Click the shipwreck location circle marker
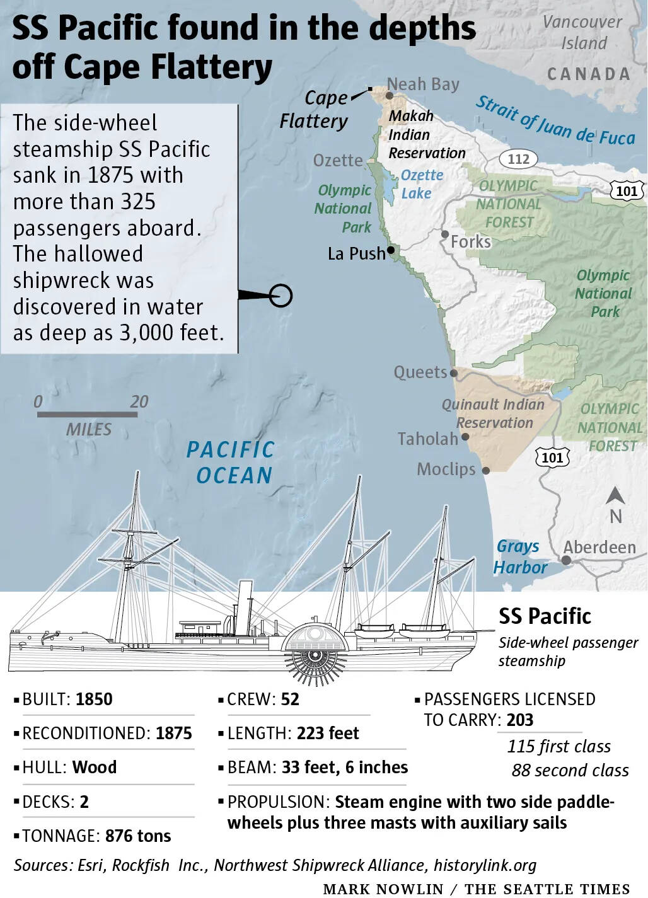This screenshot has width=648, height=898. click(281, 295)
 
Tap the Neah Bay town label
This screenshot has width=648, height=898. click(423, 84)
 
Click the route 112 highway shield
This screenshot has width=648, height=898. click(518, 159)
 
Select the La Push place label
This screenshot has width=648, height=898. click(356, 253)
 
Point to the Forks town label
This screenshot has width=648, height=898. click(470, 241)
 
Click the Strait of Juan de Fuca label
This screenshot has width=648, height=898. click(555, 122)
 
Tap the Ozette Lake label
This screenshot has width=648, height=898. click(422, 184)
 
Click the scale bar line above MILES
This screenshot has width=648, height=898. click(88, 414)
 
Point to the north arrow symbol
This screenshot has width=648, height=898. click(615, 497)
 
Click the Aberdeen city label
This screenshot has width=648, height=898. click(599, 547)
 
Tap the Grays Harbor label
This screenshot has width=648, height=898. click(519, 556)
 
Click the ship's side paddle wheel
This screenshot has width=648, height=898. click(315, 655)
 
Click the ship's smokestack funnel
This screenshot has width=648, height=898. click(244, 607)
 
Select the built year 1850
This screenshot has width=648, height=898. click(94, 699)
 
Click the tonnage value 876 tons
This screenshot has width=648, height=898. click(138, 836)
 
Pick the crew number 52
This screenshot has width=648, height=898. click(290, 699)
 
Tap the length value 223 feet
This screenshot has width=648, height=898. click(328, 734)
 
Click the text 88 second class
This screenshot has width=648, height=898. click(570, 771)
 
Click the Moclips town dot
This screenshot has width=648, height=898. click(486, 470)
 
